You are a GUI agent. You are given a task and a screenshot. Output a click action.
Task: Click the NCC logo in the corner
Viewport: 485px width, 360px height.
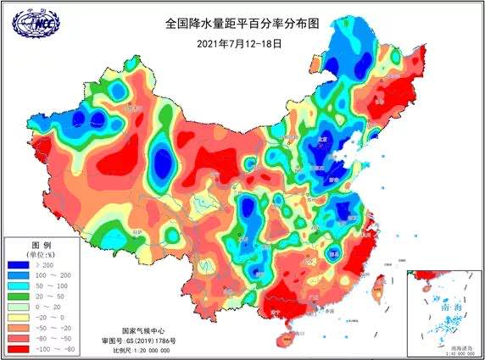click(x=31, y=24)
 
